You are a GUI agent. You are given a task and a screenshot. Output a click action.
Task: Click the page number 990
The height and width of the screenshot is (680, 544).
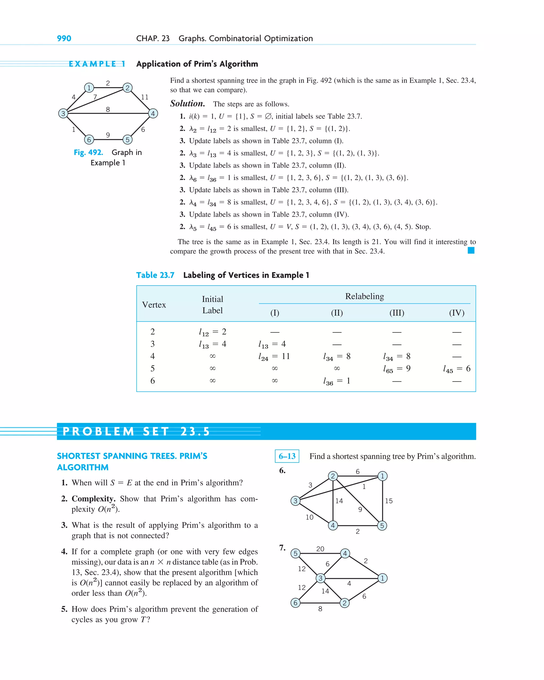tap(64, 39)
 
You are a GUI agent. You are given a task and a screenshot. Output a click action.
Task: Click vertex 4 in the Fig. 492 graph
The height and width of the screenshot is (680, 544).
tap(153, 114)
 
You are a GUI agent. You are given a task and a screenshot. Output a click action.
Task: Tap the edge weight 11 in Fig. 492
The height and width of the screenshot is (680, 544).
tap(144, 97)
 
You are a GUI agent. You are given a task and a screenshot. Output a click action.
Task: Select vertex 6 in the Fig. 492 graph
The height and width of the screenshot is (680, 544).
tap(89, 140)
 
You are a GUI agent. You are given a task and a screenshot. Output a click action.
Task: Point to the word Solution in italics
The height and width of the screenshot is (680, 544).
tap(188, 104)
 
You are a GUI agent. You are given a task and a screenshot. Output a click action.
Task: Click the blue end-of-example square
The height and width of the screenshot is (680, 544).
tap(471, 250)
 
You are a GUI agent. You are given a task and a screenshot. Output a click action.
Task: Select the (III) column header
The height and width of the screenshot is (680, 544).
tap(397, 313)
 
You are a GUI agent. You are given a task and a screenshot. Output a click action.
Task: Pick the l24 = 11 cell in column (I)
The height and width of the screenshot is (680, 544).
tap(274, 356)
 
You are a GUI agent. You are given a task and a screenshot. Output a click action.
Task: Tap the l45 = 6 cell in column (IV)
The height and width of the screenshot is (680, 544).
tap(457, 369)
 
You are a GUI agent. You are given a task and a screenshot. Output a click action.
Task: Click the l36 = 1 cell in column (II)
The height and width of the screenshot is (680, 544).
tap(337, 381)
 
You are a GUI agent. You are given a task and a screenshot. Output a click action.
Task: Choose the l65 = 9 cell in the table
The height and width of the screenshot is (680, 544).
tap(397, 369)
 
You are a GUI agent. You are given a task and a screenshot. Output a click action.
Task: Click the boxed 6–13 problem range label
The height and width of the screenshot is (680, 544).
tap(287, 456)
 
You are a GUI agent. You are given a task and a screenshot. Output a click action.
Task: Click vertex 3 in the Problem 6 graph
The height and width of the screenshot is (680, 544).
tap(295, 501)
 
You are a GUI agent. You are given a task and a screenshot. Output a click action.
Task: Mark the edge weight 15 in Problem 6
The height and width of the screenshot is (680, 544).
tap(389, 501)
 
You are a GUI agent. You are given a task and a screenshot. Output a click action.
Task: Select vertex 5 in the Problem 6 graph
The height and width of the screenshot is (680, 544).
tap(382, 526)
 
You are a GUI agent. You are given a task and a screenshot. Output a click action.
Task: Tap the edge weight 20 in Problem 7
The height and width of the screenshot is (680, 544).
tap(320, 549)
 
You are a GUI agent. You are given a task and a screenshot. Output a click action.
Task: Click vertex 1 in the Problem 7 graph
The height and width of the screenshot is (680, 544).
tap(382, 578)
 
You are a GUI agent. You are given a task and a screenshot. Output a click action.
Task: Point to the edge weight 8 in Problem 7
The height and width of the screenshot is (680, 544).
tap(320, 609)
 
